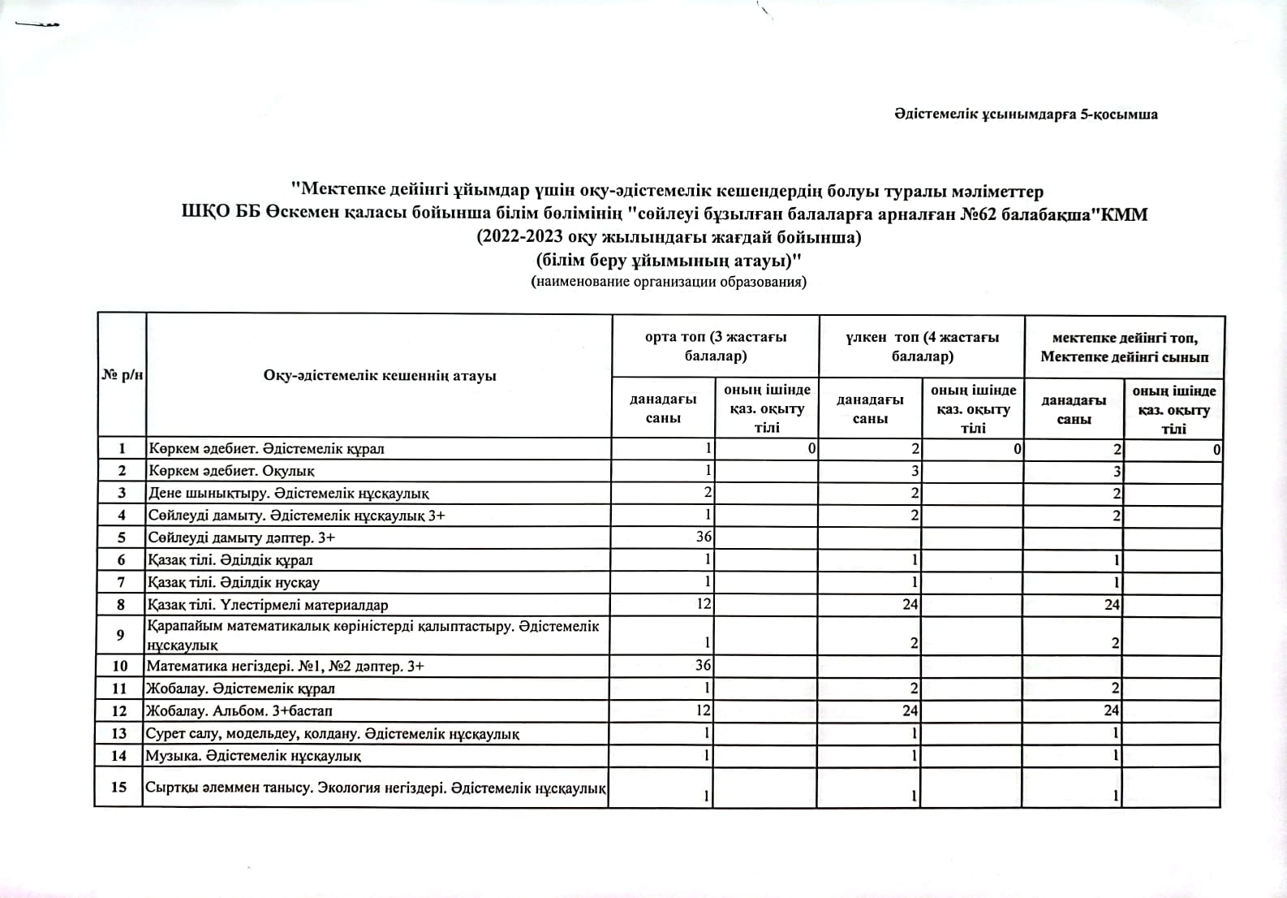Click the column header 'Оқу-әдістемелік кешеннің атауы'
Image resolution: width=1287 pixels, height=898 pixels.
pos(379,375)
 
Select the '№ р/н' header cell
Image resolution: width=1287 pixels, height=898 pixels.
pos(122,375)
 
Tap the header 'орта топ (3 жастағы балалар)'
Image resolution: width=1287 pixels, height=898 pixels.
pos(715,346)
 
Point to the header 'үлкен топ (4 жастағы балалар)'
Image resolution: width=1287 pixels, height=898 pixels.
pos(922,346)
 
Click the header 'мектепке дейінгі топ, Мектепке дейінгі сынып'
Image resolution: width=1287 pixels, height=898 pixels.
pos(1124,347)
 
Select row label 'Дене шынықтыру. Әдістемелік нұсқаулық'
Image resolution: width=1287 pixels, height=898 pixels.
pos(289,493)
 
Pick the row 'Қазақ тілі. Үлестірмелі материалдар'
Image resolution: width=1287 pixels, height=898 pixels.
pos(268,605)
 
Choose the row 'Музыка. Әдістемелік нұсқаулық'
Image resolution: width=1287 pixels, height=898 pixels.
pos(254,756)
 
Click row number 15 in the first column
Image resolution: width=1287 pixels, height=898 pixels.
pos(119,787)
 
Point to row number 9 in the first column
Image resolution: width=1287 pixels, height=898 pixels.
pos(120,635)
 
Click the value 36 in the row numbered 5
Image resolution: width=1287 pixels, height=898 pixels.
pos(704,537)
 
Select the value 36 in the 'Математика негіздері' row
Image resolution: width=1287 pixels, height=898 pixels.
pos(704,666)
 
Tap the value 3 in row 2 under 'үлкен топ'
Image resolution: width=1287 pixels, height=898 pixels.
pos(915,471)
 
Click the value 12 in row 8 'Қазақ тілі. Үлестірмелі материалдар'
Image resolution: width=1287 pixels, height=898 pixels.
pos(704,604)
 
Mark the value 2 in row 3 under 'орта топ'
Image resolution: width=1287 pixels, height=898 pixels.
pos(708,493)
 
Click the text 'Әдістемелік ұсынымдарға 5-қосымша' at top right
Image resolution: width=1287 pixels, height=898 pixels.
pos(1026,114)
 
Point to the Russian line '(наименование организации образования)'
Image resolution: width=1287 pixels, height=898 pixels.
pos(669,283)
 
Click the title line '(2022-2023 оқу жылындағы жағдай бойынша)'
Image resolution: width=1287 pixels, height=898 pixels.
pos(669,238)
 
